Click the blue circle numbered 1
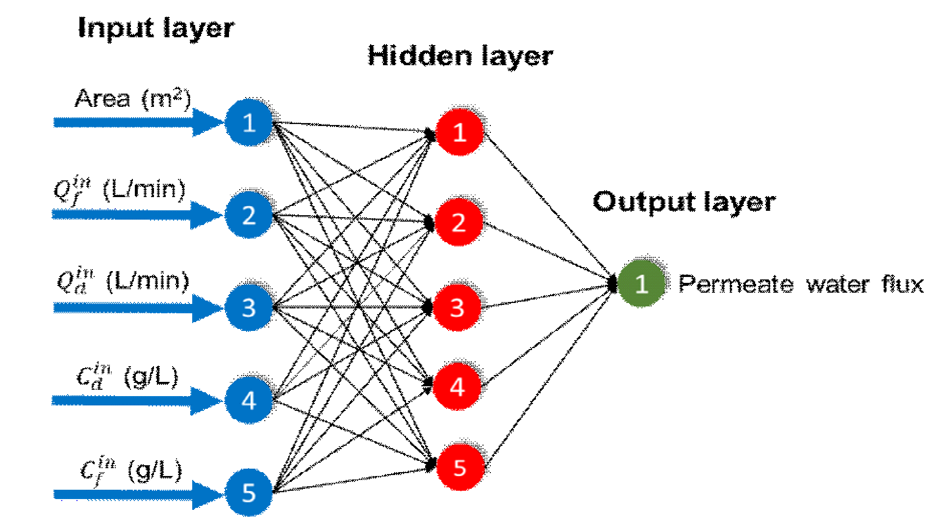point(249,123)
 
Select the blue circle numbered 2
point(249,215)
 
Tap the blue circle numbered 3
point(249,308)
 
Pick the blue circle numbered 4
point(249,401)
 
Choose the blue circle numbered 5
point(249,493)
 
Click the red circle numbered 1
point(459,132)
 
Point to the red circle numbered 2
point(458,222)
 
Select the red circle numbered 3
point(457,308)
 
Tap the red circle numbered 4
point(457,387)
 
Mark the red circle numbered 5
point(460,467)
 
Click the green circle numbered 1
point(641,284)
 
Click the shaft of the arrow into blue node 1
point(123,123)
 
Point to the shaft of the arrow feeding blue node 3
point(123,308)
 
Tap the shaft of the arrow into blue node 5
point(123,494)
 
